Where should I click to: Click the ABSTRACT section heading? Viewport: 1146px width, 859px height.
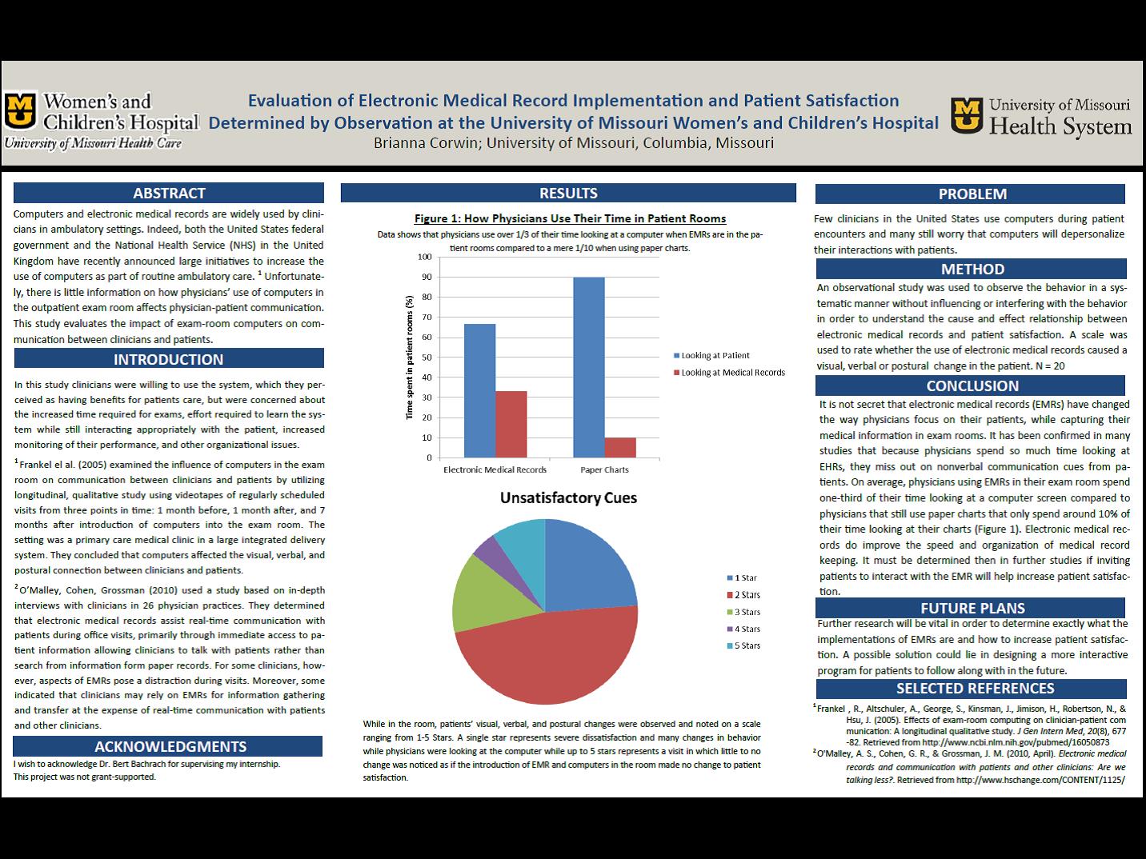pyautogui.click(x=169, y=193)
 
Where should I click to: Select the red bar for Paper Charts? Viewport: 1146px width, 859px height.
pyautogui.click(x=620, y=448)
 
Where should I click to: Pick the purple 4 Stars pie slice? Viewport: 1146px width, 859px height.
pyautogui.click(x=486, y=547)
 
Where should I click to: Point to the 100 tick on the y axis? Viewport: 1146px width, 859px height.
pyautogui.click(x=423, y=257)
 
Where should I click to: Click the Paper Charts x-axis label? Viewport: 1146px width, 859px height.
pyautogui.click(x=604, y=469)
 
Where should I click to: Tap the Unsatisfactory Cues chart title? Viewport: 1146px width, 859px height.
pyautogui.click(x=568, y=497)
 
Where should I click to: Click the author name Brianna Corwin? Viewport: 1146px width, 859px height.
pyautogui.click(x=425, y=143)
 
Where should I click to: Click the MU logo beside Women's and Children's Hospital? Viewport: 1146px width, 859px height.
pyautogui.click(x=20, y=110)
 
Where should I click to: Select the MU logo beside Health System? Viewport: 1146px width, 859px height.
pyautogui.click(x=967, y=115)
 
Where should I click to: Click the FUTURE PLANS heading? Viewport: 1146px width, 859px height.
pyautogui.click(x=972, y=608)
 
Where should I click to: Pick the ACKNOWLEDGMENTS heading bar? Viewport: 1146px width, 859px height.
pyautogui.click(x=168, y=746)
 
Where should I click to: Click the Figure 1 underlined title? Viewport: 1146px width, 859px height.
pyautogui.click(x=570, y=218)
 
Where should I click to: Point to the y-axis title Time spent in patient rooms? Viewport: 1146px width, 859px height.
pyautogui.click(x=410, y=358)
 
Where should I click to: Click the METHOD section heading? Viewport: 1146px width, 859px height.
pyautogui.click(x=972, y=270)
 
